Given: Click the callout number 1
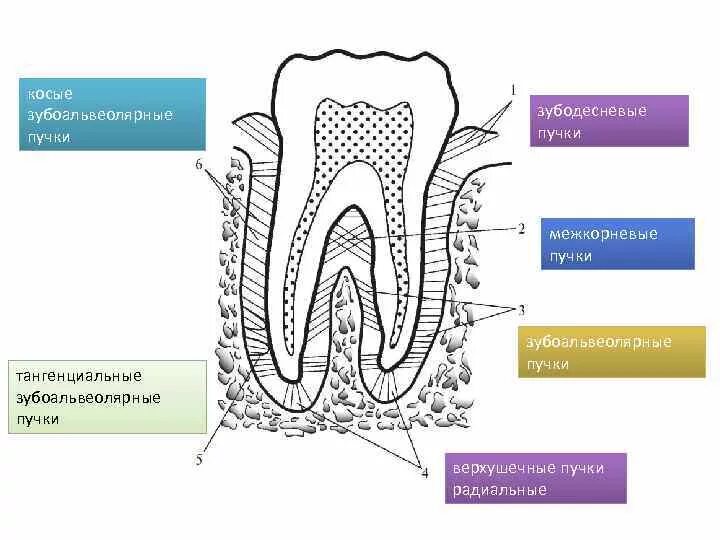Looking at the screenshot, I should (x=514, y=90).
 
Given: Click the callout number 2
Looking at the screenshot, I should (x=521, y=228).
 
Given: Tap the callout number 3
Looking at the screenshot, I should (x=521, y=309).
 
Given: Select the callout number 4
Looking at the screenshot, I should (x=424, y=472).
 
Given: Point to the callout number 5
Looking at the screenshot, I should (x=199, y=460).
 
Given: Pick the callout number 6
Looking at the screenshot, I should (x=199, y=164).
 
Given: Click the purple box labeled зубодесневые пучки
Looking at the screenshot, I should (x=609, y=121).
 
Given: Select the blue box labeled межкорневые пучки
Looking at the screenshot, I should (x=617, y=244).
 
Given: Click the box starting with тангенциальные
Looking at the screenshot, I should (x=105, y=397).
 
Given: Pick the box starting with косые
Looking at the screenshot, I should (x=111, y=114).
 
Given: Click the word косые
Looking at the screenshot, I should (x=51, y=94).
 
